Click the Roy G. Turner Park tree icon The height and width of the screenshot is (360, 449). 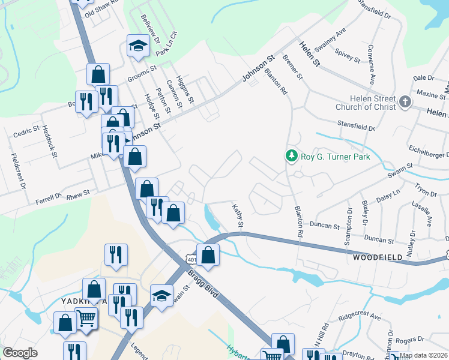(x=292, y=156)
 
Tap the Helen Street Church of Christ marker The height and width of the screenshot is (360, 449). (x=405, y=101)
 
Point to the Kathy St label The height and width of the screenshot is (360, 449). (x=237, y=215)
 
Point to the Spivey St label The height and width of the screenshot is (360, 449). (x=348, y=56)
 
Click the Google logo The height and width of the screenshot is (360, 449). (x=20, y=353)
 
